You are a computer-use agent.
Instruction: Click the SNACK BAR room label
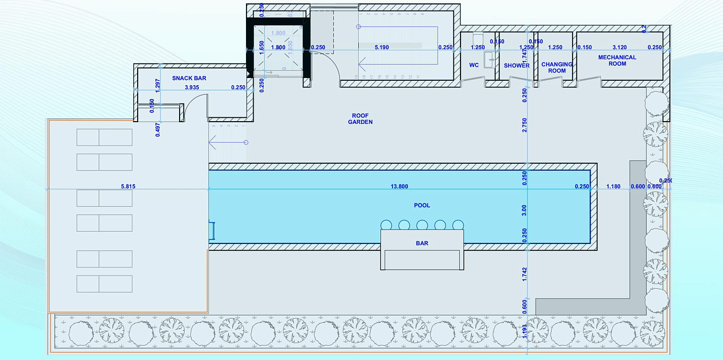[189, 79]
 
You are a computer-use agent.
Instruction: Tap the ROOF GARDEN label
[360, 119]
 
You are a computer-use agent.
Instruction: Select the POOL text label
[422, 206]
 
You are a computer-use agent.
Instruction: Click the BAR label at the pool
[422, 243]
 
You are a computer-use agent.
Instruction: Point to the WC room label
[474, 65]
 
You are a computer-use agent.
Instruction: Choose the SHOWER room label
[516, 66]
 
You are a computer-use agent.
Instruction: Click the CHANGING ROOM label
[557, 67]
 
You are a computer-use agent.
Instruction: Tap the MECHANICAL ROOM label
[617, 60]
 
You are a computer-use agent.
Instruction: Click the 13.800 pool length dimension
[399, 187]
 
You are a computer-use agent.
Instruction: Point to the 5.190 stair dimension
[381, 48]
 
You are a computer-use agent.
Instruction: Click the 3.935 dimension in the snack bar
[192, 87]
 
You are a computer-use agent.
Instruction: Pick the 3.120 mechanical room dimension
[620, 48]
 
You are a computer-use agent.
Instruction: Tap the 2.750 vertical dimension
[525, 125]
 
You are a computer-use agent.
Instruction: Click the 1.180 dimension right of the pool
[614, 187]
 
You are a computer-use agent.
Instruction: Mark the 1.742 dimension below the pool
[525, 275]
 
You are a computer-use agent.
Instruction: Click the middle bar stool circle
[422, 225]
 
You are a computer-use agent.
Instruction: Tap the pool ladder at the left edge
[212, 231]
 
